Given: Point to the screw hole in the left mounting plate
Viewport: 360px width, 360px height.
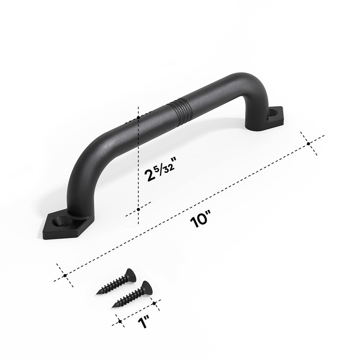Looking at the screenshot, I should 60,222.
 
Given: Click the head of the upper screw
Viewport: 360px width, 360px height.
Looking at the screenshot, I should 130,274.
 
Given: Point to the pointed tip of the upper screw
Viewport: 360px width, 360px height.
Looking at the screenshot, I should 98,294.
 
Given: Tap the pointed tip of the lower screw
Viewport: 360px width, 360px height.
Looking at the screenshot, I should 113,307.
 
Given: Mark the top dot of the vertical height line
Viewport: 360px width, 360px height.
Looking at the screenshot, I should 139,117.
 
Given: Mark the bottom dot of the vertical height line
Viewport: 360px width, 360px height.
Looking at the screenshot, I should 139,209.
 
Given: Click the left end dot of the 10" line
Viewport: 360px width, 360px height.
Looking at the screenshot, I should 65,274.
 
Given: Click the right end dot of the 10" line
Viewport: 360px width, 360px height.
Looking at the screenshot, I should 309,144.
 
